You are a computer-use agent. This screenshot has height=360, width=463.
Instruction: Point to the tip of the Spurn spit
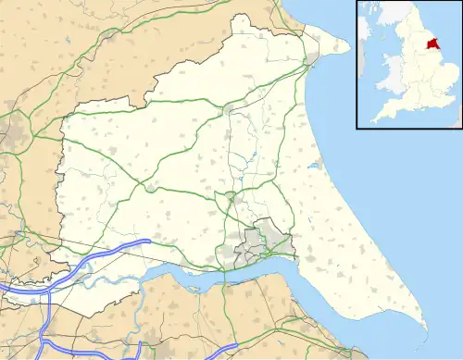click(427, 329)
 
